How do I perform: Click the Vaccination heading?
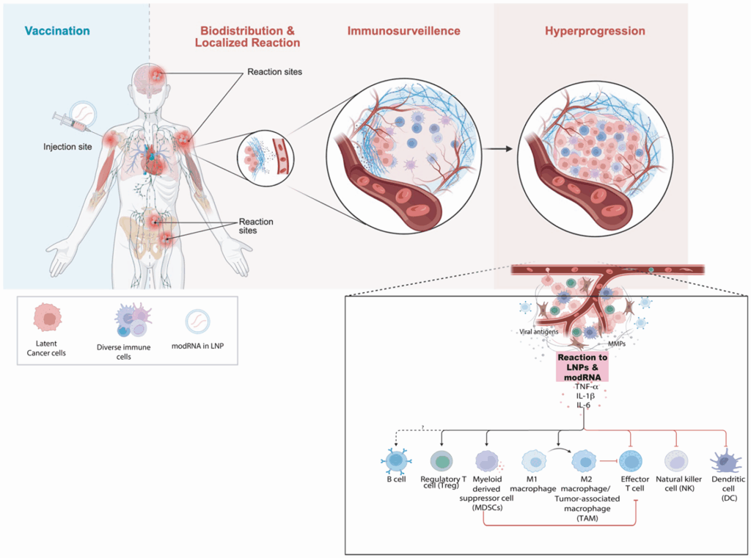(57, 32)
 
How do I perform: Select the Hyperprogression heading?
(595, 32)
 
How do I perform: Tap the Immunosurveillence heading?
(403, 32)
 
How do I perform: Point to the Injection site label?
(67, 147)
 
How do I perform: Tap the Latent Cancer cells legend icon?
(47, 318)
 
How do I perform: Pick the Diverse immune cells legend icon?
(132, 320)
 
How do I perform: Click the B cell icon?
(396, 462)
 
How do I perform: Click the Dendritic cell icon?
(725, 461)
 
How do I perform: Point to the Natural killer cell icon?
(676, 460)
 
